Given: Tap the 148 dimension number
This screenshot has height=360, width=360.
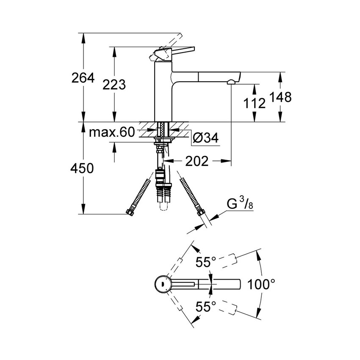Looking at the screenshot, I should (282, 97).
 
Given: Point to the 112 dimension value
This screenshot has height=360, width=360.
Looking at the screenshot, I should (254, 102).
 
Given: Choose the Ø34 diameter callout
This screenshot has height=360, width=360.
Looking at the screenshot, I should (205, 138).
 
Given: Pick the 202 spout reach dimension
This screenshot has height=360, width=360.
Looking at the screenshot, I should (196, 161).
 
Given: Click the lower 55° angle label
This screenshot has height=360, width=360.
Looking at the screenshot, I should (206, 306).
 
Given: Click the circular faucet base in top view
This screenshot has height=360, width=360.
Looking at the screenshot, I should (162, 284).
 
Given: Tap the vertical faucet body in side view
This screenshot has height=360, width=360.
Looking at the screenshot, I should (163, 93).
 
